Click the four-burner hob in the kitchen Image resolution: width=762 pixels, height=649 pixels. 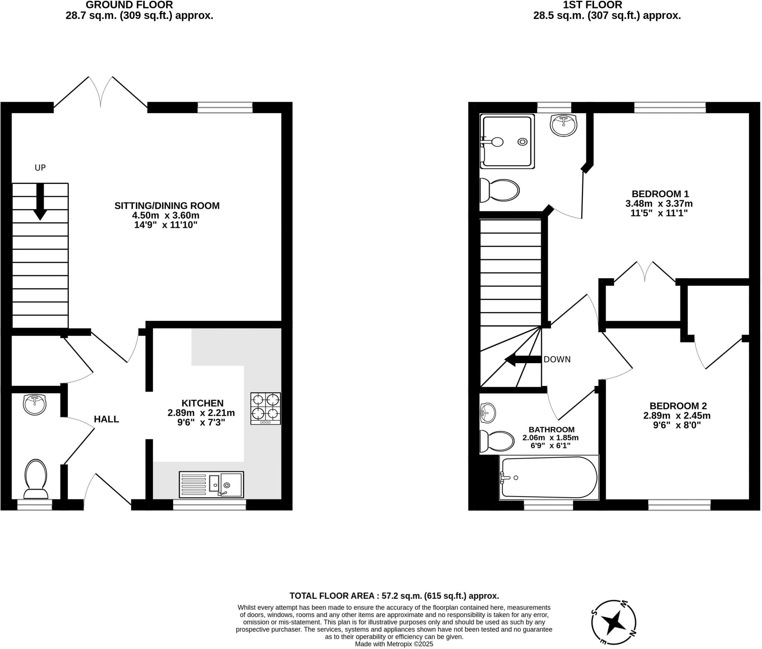(x=266, y=408)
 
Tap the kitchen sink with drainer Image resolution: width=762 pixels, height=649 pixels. (x=211, y=484)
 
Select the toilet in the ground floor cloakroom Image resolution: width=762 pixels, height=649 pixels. (x=36, y=478)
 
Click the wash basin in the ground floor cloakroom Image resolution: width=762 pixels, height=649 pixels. (x=35, y=405)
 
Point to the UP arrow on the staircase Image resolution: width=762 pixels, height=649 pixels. (x=40, y=201)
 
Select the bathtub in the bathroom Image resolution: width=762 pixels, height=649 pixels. (x=549, y=477)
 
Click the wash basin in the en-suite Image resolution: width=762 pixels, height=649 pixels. (x=563, y=125)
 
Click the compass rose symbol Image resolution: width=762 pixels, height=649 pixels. (x=614, y=623)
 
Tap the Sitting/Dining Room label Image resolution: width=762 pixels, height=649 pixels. (x=167, y=205)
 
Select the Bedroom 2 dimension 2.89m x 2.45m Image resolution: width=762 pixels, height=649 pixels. (x=677, y=415)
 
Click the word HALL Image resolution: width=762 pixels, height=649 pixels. (x=106, y=419)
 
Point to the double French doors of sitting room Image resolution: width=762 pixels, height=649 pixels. (x=101, y=93)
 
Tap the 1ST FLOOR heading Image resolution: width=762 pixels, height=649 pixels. (x=607, y=5)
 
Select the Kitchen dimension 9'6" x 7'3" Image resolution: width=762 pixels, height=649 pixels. (x=201, y=422)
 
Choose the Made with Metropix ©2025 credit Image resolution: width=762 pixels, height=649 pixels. (x=394, y=644)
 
